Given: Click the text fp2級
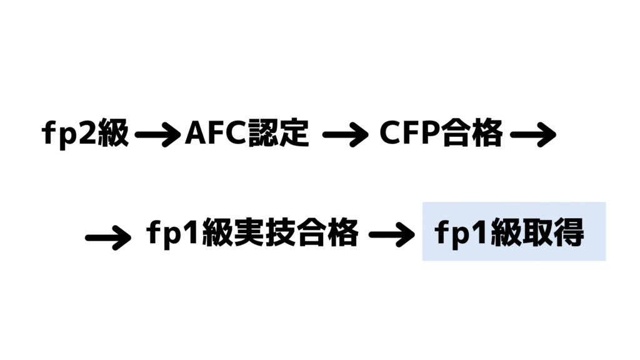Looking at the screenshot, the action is pyautogui.click(x=85, y=133).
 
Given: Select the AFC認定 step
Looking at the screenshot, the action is pyautogui.click(x=247, y=133).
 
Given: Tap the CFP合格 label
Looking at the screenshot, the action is pyautogui.click(x=441, y=133).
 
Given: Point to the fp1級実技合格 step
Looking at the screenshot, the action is pyautogui.click(x=252, y=233).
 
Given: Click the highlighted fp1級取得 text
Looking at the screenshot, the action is pyautogui.click(x=509, y=232).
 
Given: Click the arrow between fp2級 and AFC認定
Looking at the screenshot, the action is pyautogui.click(x=157, y=134).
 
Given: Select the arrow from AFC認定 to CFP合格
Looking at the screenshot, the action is pyautogui.click(x=345, y=134).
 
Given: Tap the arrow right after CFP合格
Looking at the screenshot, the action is pyautogui.click(x=533, y=134).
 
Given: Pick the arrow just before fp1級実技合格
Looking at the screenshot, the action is pyautogui.click(x=108, y=237).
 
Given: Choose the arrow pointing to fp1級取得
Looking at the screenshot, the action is pyautogui.click(x=392, y=234).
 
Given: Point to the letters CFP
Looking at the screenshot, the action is pyautogui.click(x=410, y=133).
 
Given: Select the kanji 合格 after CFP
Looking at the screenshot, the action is pyautogui.click(x=472, y=133).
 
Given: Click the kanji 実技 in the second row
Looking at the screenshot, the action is pyautogui.click(x=265, y=232).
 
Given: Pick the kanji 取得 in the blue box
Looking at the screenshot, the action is pyautogui.click(x=553, y=232).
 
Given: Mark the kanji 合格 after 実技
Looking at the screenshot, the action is pyautogui.click(x=327, y=232).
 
